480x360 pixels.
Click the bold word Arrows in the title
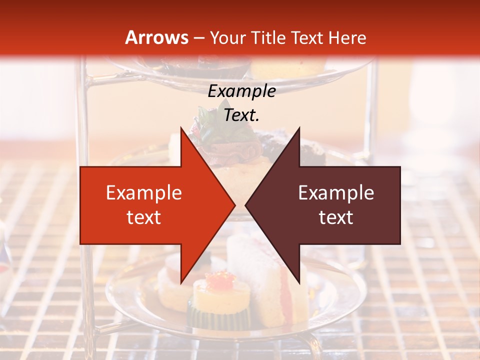pyautogui.click(x=156, y=37)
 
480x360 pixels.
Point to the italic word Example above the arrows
pyautogui.click(x=241, y=91)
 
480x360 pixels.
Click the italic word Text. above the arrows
pyautogui.click(x=241, y=115)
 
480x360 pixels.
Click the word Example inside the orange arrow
pyautogui.click(x=144, y=193)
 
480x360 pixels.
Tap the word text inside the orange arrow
pyautogui.click(x=144, y=217)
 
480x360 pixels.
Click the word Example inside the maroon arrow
pyautogui.click(x=336, y=193)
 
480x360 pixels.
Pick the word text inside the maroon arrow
pyautogui.click(x=336, y=217)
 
